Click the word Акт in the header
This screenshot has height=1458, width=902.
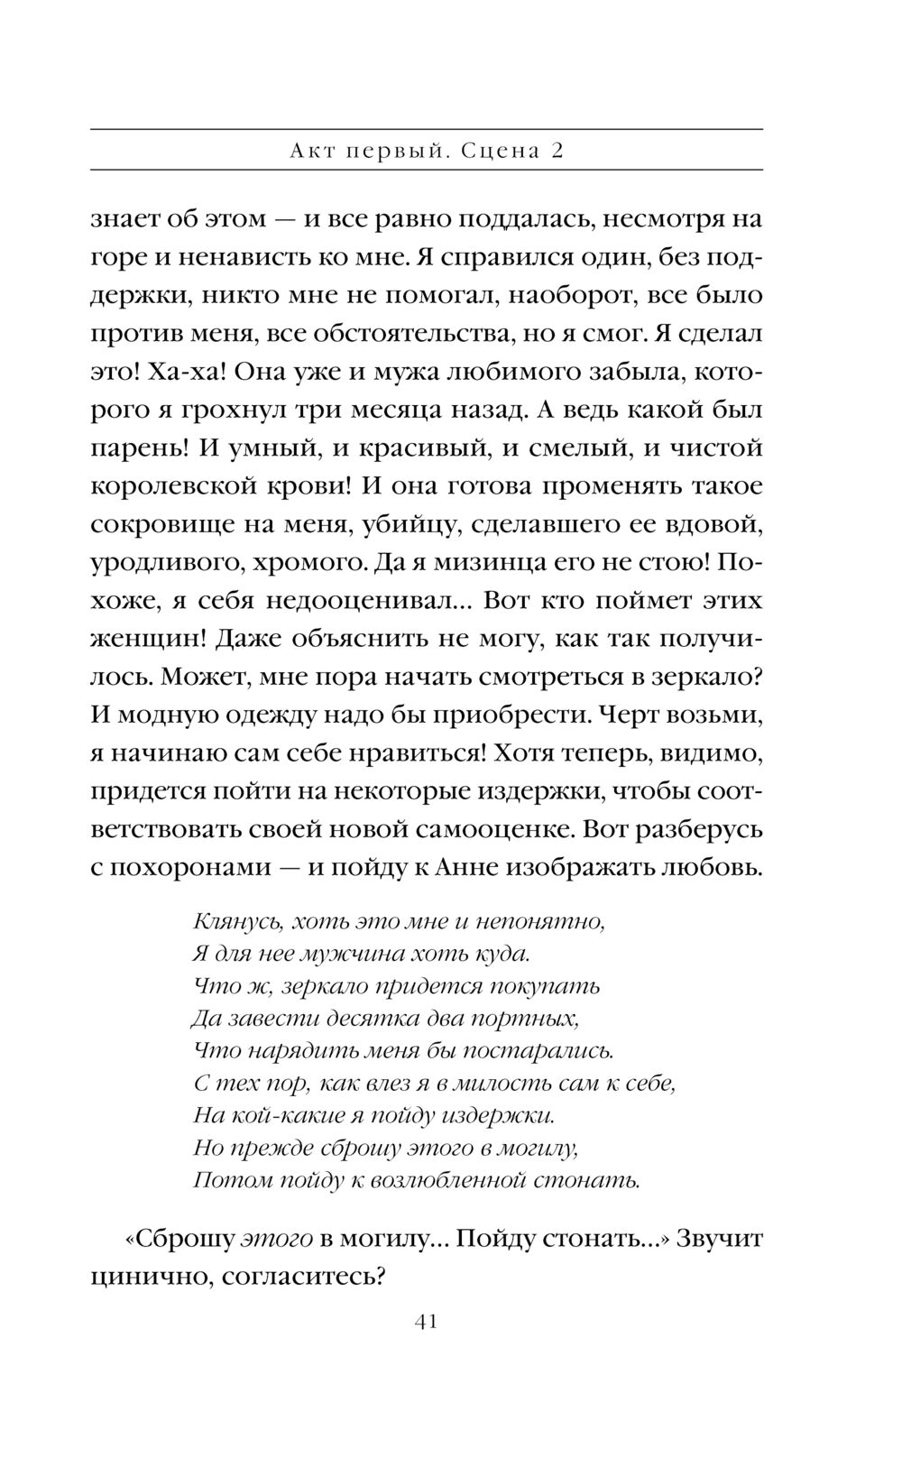click(x=314, y=151)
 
